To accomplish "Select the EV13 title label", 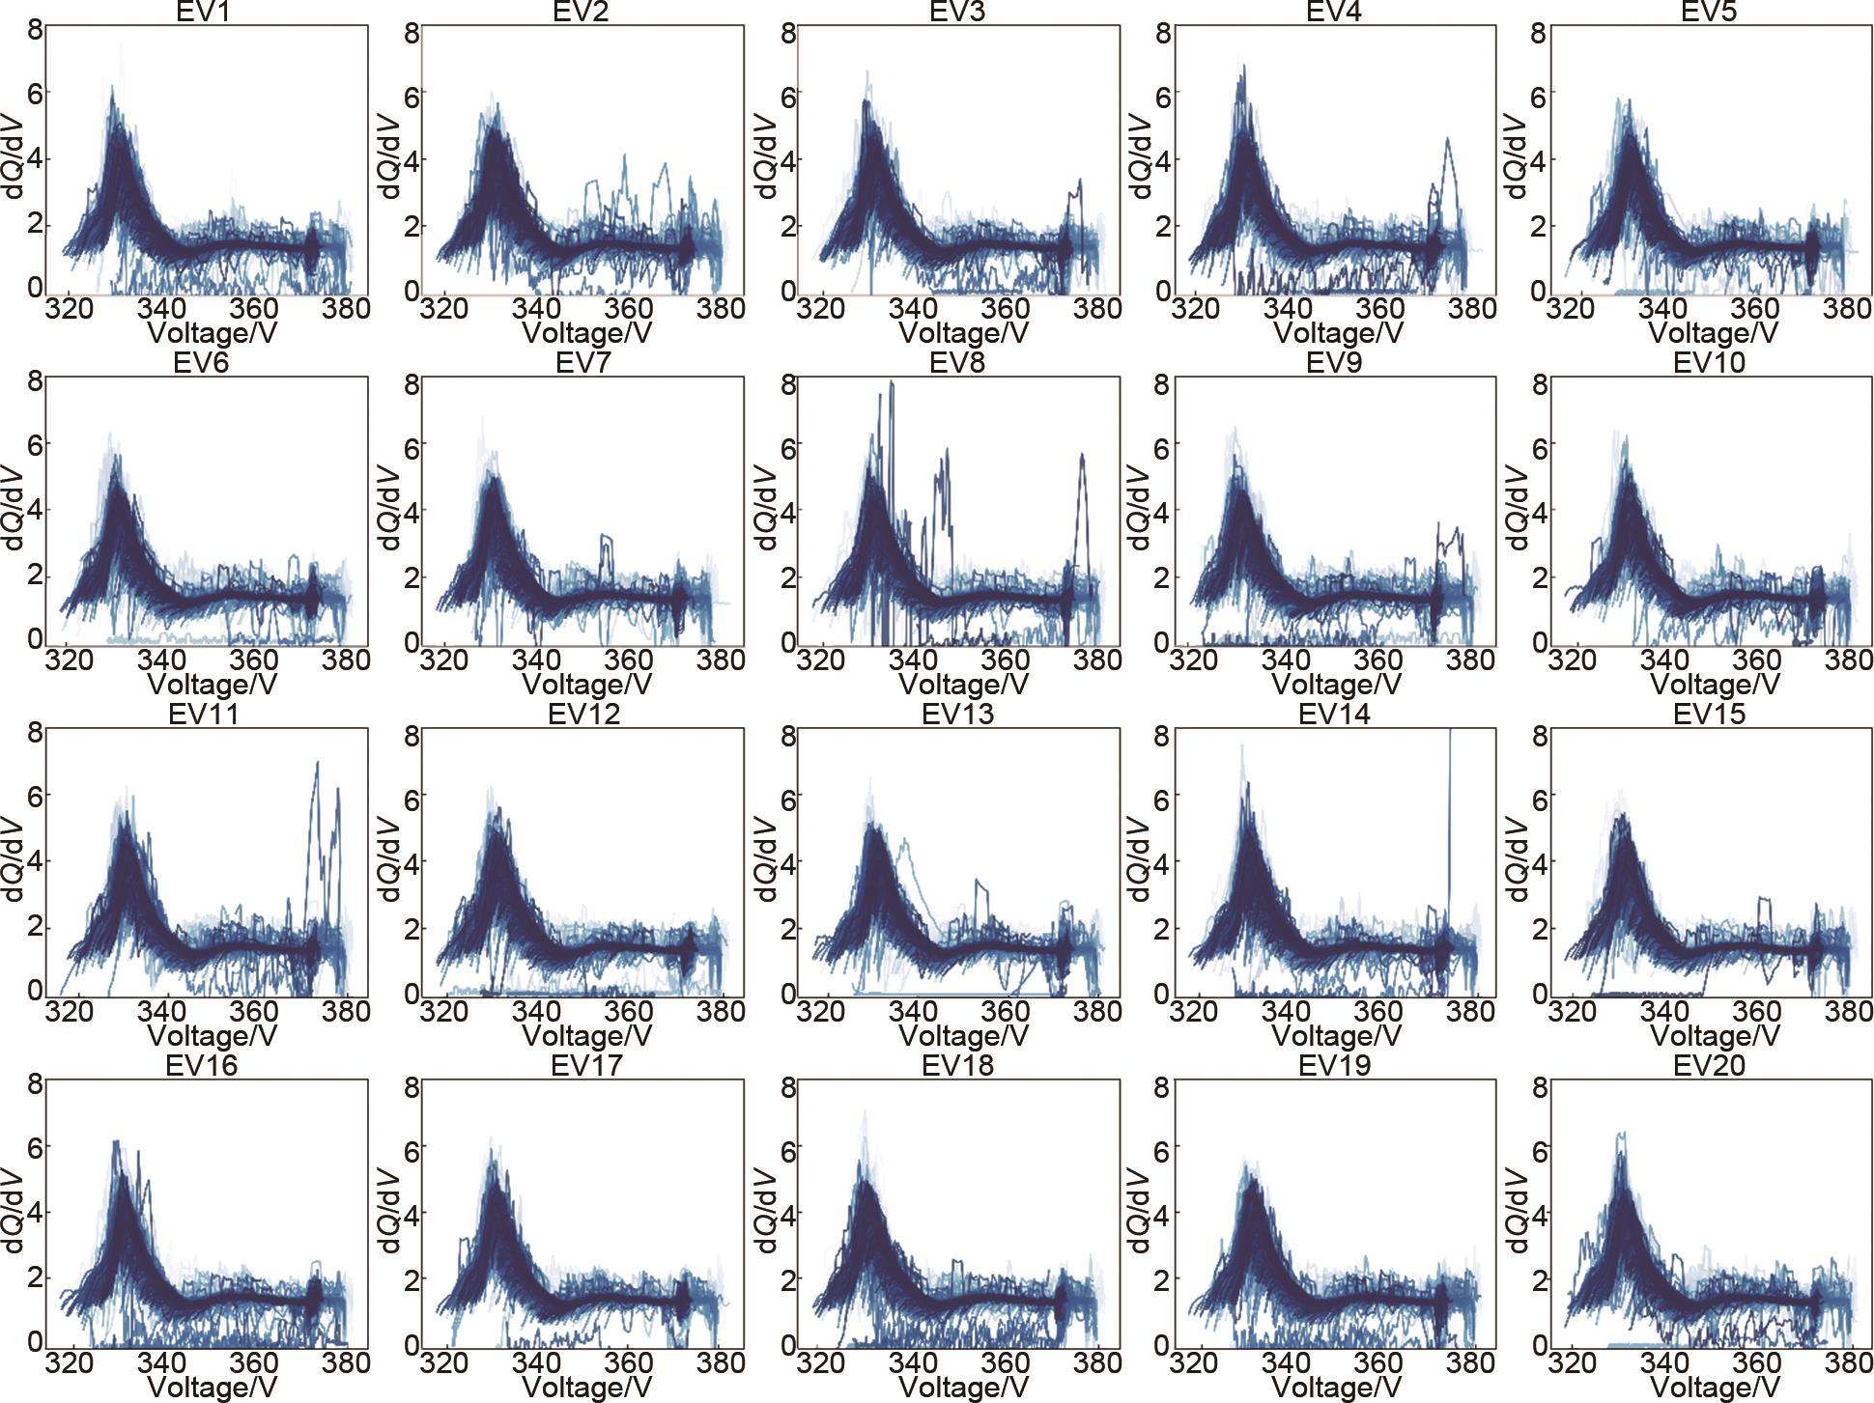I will tap(957, 715).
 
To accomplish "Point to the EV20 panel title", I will tap(1709, 1066).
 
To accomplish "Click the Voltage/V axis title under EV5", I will tap(1713, 334).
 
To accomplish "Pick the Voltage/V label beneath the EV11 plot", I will tap(213, 1036).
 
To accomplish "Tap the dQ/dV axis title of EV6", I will tap(14, 506).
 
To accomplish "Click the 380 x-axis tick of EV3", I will tap(1097, 309).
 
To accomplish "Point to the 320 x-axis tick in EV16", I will tap(70, 1362).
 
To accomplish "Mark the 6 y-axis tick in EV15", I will tap(1539, 800).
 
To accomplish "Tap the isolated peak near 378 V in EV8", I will tap(1083, 455).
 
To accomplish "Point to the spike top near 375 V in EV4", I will tap(1447, 140).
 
